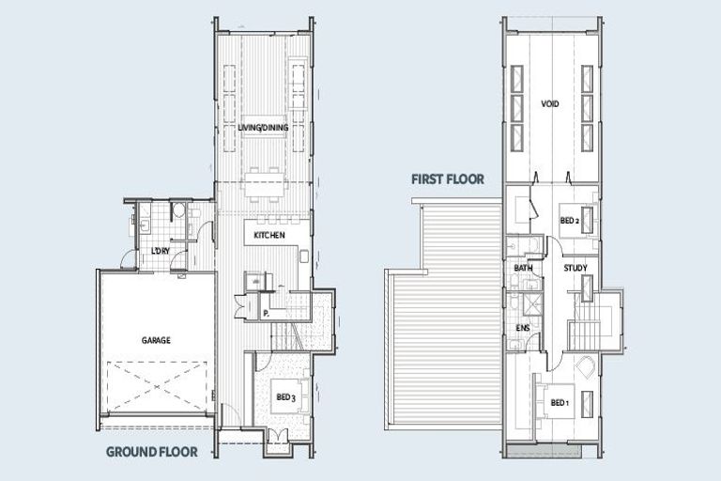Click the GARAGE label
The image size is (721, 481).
[156, 340]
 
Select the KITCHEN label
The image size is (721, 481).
[268, 234]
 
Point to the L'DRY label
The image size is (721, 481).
[160, 252]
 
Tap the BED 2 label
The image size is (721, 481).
[569, 221]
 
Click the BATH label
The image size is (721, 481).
[523, 269]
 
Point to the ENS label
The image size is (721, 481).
[523, 328]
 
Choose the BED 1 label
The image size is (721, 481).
[560, 403]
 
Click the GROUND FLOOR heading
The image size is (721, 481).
[151, 451]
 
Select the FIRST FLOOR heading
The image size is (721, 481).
[447, 178]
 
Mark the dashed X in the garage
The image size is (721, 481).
[156, 387]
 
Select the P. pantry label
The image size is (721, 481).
[267, 313]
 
